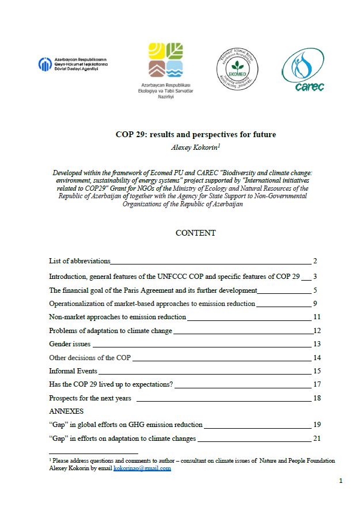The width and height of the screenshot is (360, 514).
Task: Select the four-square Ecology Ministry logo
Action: (166, 61)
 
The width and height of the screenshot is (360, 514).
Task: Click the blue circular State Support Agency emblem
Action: (45, 65)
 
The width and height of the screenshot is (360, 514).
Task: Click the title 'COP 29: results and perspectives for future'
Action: (196, 135)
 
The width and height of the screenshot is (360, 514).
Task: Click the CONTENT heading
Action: (196, 233)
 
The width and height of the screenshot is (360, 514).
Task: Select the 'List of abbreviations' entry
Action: (79, 261)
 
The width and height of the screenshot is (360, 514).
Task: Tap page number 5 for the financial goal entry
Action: (316, 290)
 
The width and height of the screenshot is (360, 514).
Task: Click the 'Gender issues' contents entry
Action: (70, 344)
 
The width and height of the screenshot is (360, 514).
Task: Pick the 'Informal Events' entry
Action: (73, 371)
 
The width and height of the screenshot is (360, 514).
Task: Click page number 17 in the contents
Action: (317, 384)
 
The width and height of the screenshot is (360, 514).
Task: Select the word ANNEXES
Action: (66, 411)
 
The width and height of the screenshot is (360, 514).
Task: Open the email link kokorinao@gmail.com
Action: (142, 468)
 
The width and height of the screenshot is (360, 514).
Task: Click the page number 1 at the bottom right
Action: (341, 481)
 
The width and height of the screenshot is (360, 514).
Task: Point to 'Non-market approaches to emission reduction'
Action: (118, 317)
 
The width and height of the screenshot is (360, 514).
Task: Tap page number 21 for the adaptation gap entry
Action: (317, 439)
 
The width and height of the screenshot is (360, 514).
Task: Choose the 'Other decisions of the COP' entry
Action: (90, 357)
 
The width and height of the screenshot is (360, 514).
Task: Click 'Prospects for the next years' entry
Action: (90, 398)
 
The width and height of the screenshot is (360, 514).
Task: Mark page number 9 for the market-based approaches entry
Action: (316, 304)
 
